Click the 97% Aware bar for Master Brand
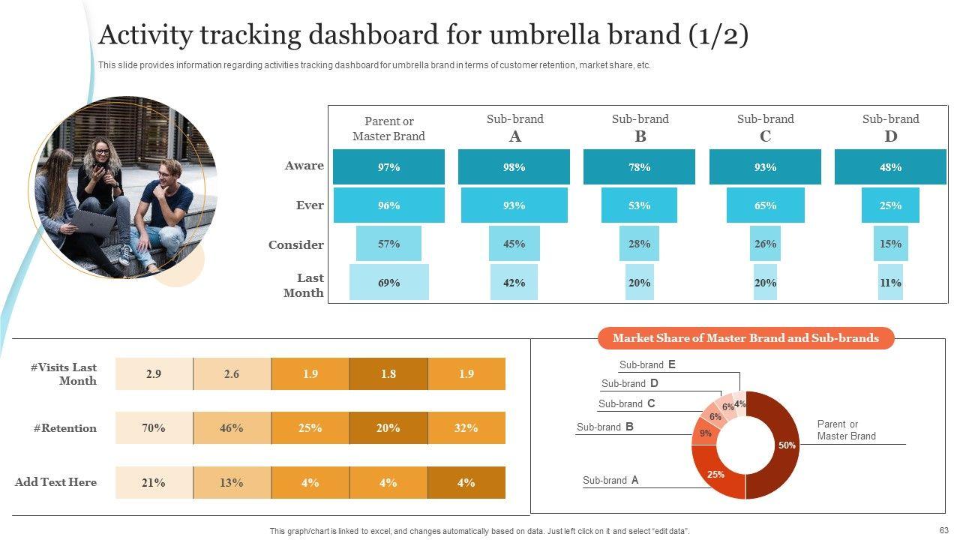[388, 167]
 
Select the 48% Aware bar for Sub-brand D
[890, 167]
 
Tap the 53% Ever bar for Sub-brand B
[639, 205]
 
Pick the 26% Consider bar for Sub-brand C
[765, 244]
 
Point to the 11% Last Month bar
[890, 283]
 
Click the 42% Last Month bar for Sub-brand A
[514, 283]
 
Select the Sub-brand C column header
[765, 127]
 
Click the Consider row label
[296, 244]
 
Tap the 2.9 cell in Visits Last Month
[154, 373]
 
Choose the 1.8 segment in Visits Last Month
[388, 373]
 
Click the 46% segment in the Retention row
[232, 428]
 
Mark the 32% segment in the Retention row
[466, 428]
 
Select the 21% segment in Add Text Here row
[154, 482]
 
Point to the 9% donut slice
[705, 433]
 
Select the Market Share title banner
[745, 338]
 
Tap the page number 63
[943, 530]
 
